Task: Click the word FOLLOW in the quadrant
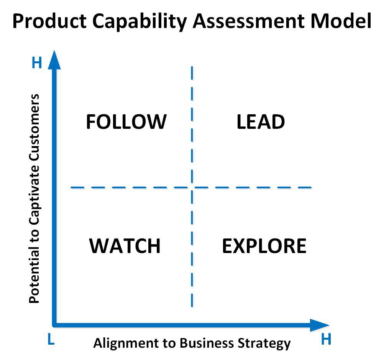tap(126, 122)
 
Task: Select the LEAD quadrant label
tap(261, 122)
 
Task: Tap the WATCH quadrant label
tap(125, 246)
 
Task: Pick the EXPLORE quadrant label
tap(264, 246)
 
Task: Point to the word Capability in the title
tap(140, 22)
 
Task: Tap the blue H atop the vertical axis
tap(37, 63)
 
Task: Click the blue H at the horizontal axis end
tap(326, 339)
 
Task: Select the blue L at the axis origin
tap(51, 339)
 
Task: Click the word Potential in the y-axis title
tap(34, 278)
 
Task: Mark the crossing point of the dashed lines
tap(192, 187)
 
